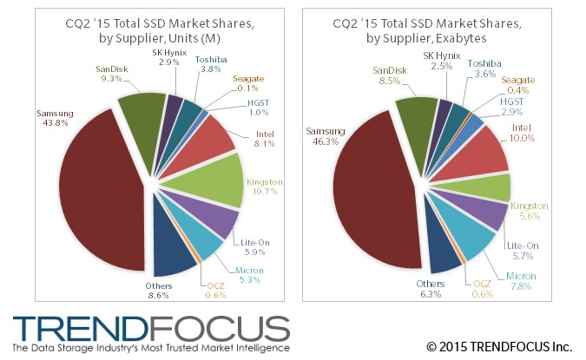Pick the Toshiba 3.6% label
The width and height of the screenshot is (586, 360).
click(x=484, y=69)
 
